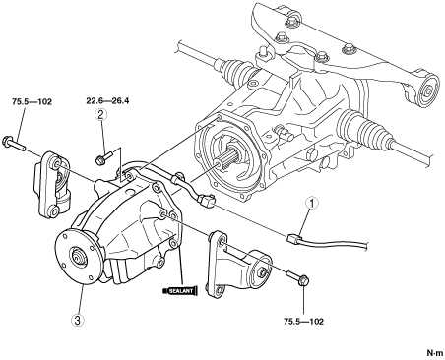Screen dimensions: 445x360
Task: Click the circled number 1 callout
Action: point(311,203)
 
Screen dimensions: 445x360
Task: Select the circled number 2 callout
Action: point(100,114)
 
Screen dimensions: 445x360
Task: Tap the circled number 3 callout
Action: point(78,321)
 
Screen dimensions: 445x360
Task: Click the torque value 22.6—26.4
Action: point(107,101)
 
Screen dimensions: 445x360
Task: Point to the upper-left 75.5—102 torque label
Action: point(32,102)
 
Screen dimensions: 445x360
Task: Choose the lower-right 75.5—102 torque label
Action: point(303,322)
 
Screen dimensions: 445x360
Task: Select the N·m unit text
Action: point(435,353)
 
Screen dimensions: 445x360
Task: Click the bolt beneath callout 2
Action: point(103,156)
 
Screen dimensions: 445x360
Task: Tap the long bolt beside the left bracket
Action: point(14,144)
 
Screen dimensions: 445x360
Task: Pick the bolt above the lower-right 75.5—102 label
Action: point(297,277)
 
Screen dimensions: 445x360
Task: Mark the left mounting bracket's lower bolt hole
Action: point(53,210)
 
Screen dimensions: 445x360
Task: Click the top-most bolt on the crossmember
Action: point(290,21)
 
